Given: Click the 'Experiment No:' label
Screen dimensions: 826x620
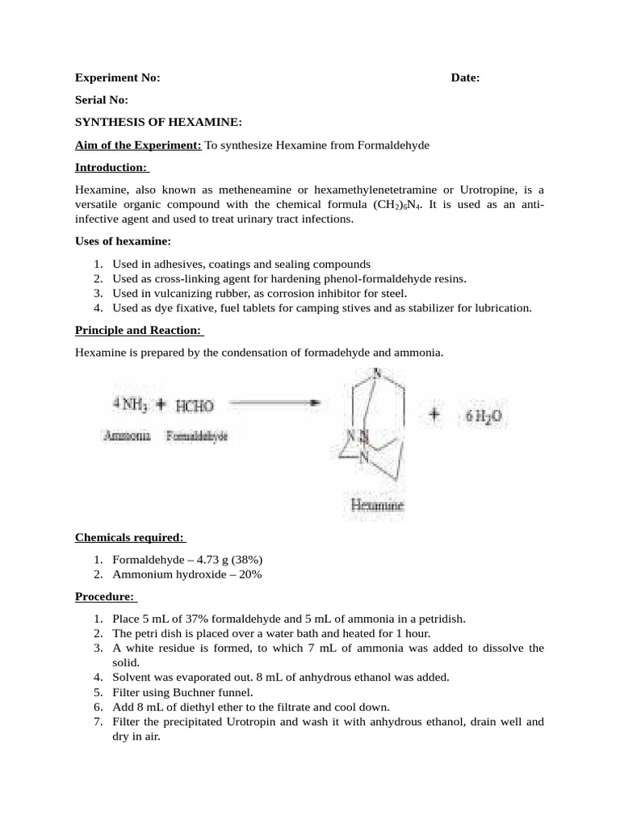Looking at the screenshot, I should point(118,77).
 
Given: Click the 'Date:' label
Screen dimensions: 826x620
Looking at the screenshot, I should point(465,77).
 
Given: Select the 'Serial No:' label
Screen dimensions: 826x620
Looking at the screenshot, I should point(102,100).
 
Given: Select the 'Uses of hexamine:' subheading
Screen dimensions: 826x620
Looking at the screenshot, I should point(123,241).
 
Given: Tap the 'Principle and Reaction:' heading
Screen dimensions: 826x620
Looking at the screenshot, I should point(139,330).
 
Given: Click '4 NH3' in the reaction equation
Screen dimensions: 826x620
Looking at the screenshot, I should point(130,403).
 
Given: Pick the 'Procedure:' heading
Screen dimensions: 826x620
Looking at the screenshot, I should point(106,597).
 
